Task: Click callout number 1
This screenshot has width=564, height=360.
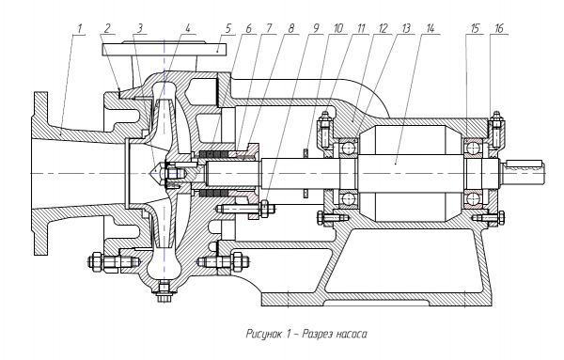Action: coord(80,28)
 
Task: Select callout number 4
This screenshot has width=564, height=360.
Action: coord(187,28)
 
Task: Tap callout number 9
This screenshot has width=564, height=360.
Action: coord(316,28)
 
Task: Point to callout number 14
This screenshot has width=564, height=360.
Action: coord(430,28)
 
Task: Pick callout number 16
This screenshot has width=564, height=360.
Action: coord(498,28)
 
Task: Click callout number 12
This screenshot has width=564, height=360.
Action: coord(383,28)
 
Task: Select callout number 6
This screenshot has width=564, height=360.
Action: coord(248,28)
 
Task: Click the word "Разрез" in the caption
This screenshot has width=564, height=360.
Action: coord(316,334)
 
